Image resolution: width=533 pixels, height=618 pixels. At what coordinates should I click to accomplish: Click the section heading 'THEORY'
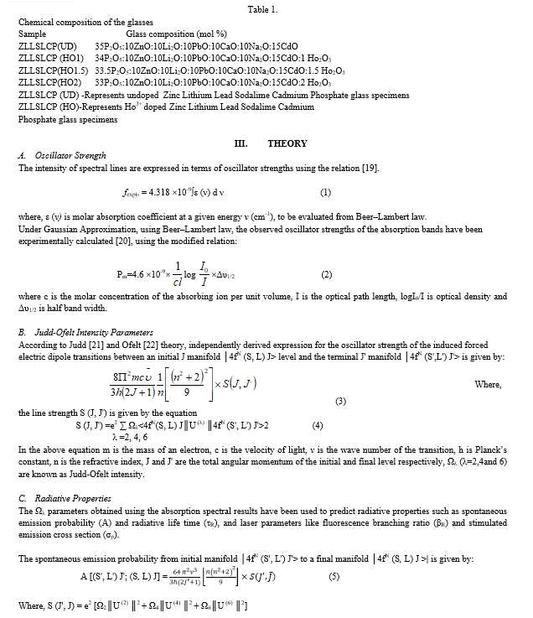coord(287,143)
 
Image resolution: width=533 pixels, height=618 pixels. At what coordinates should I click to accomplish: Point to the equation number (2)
coord(326,273)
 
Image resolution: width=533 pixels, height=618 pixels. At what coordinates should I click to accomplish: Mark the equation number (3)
coord(339,400)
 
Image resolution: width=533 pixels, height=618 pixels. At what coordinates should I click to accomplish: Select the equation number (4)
coord(317,425)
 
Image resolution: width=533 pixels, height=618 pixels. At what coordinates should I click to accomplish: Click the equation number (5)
coord(334,577)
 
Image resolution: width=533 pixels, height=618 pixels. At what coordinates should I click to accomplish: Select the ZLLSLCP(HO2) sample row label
coord(49,83)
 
